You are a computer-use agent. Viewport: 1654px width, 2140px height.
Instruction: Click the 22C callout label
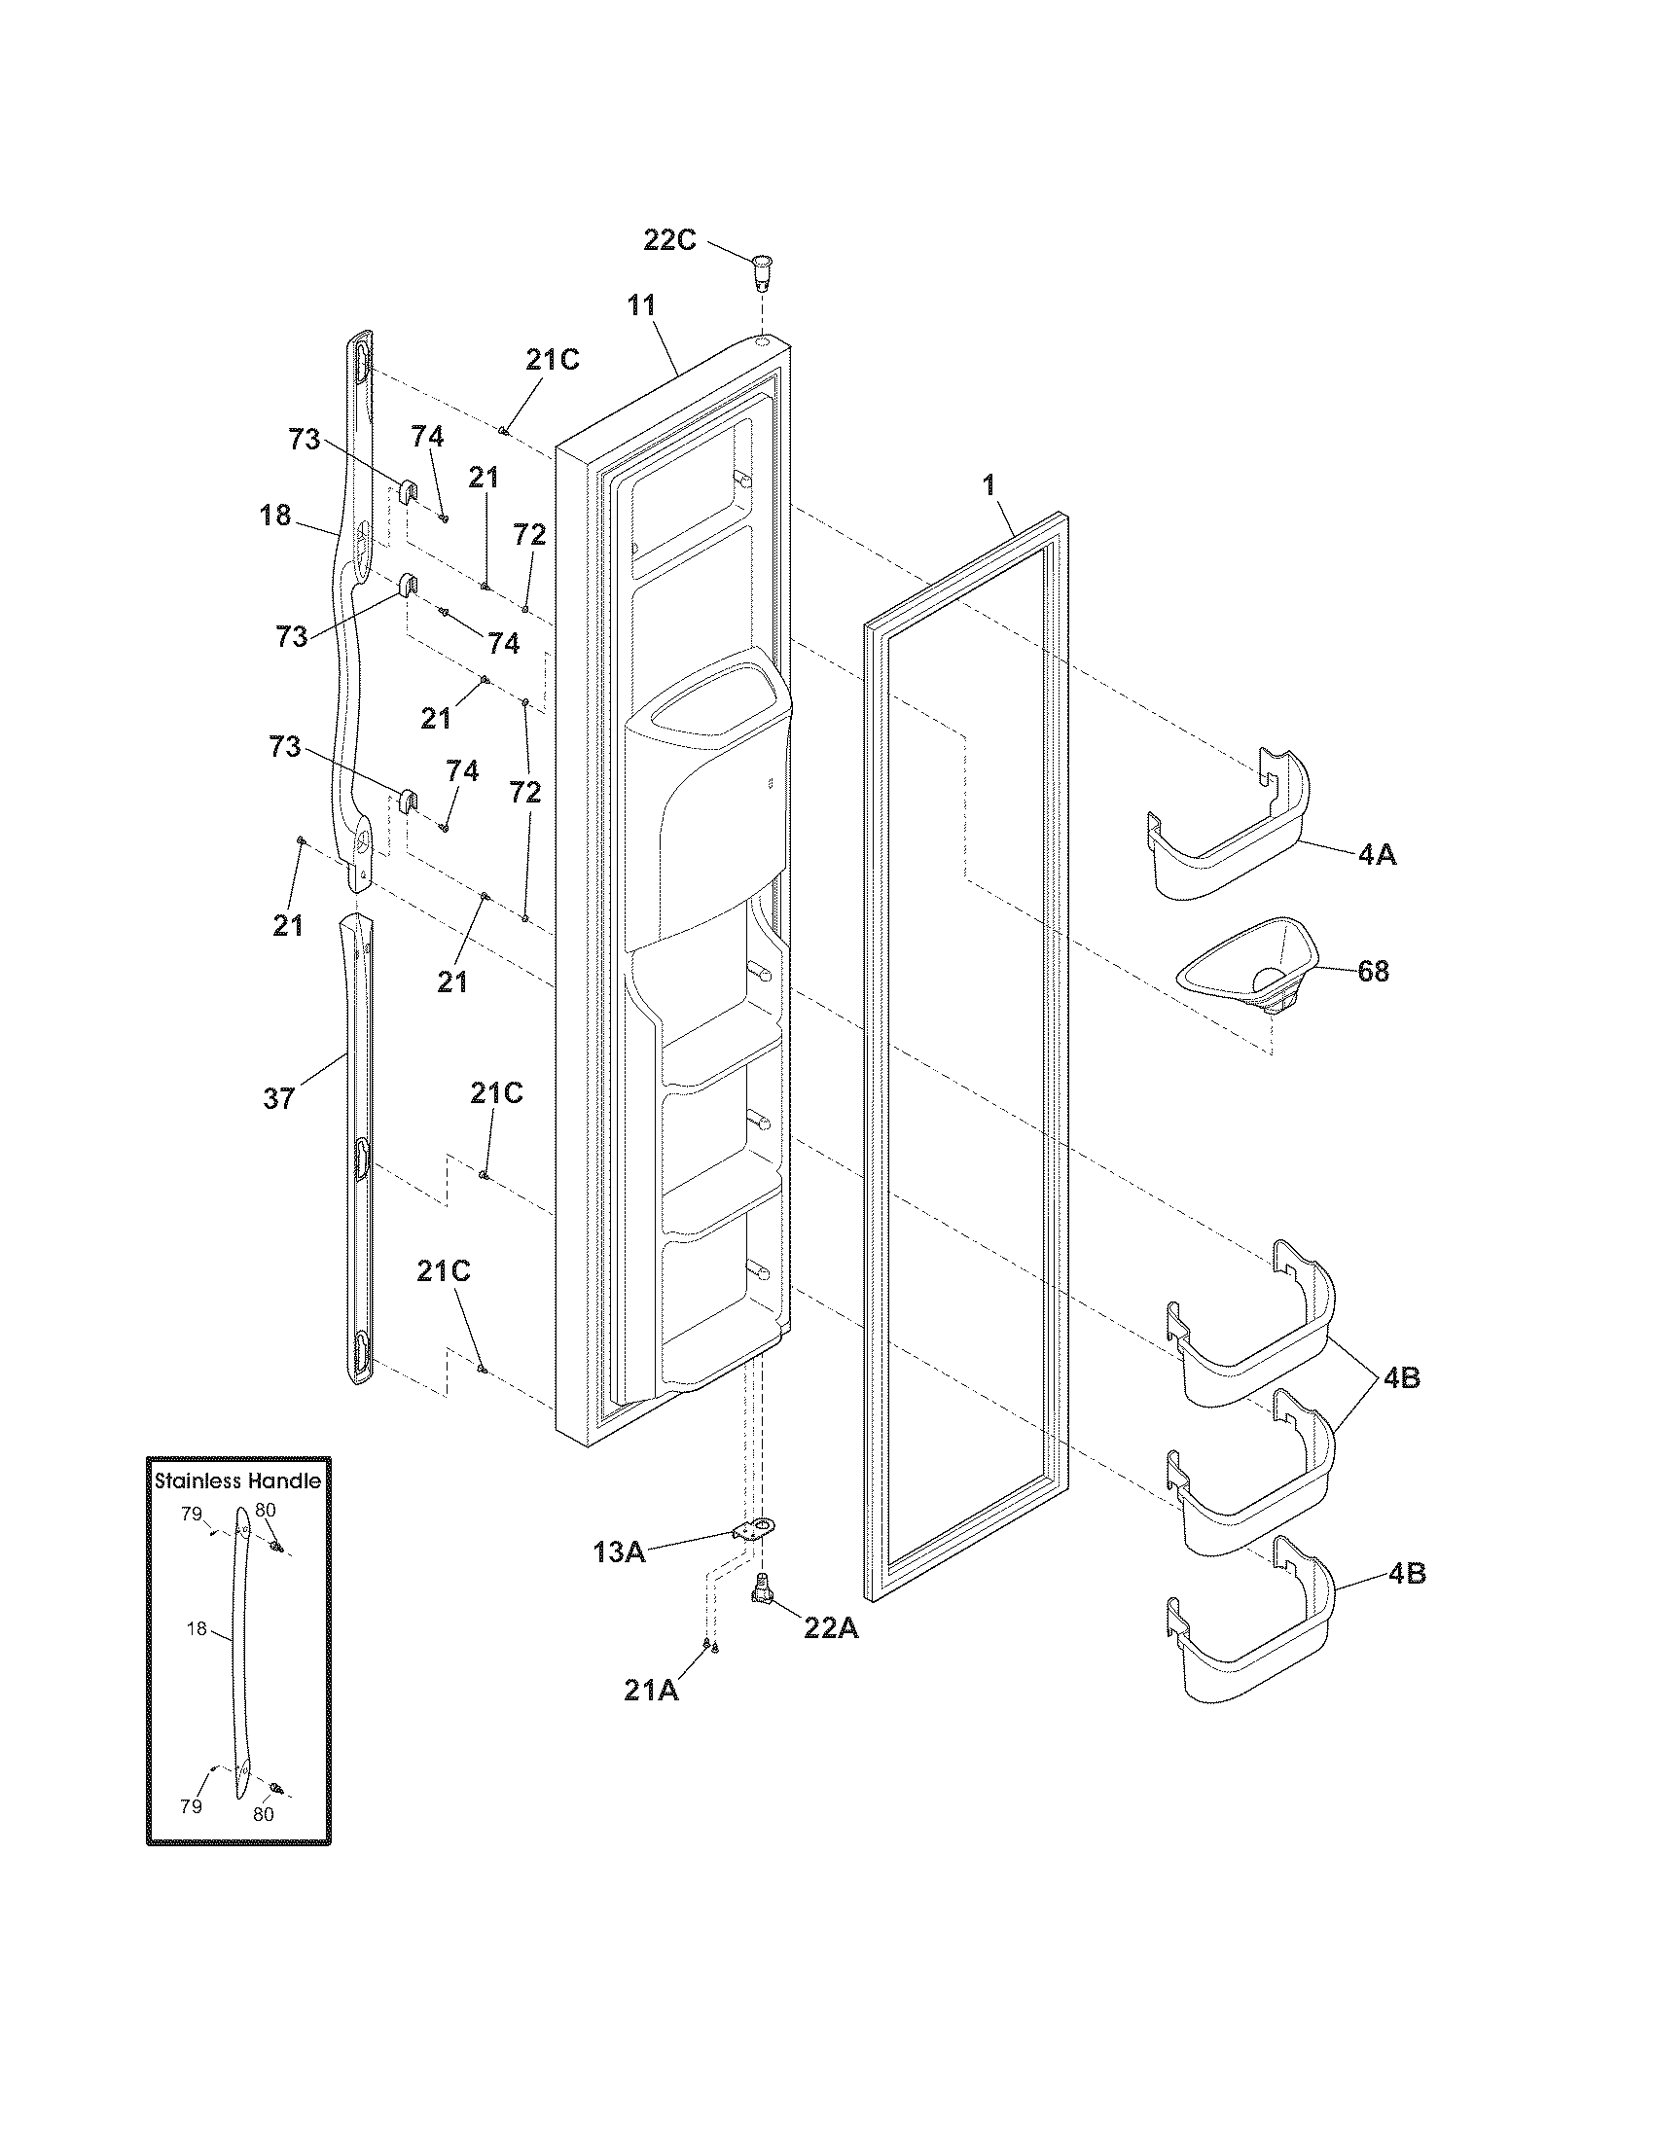click(x=669, y=240)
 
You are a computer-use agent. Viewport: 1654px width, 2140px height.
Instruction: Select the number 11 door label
click(x=641, y=304)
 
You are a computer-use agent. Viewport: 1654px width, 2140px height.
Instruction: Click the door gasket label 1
click(x=989, y=485)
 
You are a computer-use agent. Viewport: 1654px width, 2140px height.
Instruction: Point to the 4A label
click(x=1377, y=855)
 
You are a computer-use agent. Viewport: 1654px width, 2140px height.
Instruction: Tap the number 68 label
click(x=1373, y=971)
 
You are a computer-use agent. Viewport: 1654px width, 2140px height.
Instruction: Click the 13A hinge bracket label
click(x=619, y=1552)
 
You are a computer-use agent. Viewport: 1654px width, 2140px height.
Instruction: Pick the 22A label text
click(x=831, y=1627)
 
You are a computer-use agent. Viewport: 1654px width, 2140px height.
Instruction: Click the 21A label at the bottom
click(x=652, y=1691)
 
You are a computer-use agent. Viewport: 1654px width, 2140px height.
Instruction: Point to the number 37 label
click(x=279, y=1099)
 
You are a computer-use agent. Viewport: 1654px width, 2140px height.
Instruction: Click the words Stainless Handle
click(x=238, y=1480)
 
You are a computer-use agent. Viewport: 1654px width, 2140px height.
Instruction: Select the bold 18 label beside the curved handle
click(x=276, y=515)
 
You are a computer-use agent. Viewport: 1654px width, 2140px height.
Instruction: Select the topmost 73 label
click(x=305, y=440)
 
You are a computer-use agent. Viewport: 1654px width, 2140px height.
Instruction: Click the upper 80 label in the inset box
click(x=265, y=1510)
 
